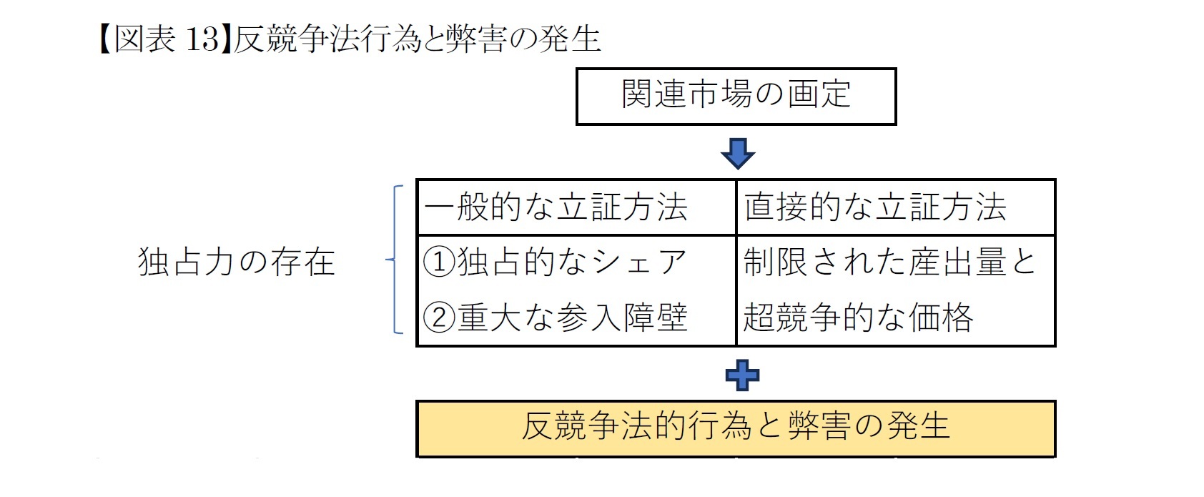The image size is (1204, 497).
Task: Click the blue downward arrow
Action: (x=738, y=153)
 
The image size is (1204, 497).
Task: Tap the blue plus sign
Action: (x=742, y=375)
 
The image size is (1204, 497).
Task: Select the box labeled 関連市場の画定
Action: (x=736, y=96)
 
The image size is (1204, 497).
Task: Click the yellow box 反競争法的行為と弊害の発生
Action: (x=736, y=428)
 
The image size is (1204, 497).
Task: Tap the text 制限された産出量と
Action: (x=889, y=262)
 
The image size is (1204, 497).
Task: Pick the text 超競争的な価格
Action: (x=858, y=318)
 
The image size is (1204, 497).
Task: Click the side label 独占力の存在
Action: (x=236, y=262)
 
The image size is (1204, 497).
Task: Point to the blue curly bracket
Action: (x=395, y=260)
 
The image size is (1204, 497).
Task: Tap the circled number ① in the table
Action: (x=439, y=263)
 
